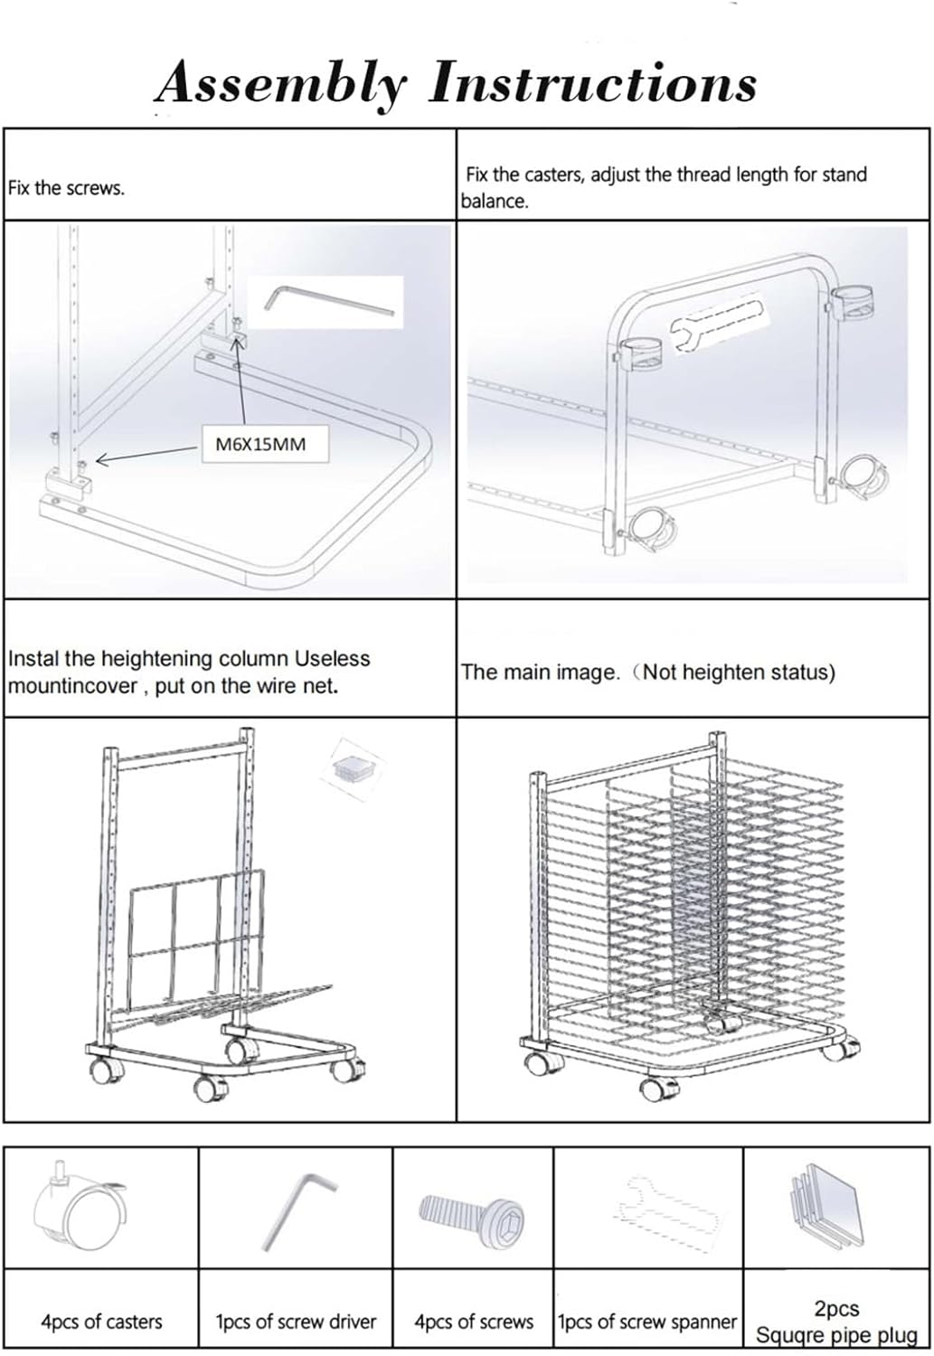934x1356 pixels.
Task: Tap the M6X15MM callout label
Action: [261, 445]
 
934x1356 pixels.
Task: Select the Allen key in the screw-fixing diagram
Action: [329, 300]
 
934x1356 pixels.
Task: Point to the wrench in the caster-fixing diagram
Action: [717, 323]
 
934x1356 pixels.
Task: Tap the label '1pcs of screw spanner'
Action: [647, 1321]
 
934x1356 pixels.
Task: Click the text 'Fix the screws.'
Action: [66, 188]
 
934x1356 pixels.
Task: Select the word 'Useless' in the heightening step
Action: [333, 658]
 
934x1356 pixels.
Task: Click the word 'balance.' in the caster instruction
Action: [495, 202]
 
